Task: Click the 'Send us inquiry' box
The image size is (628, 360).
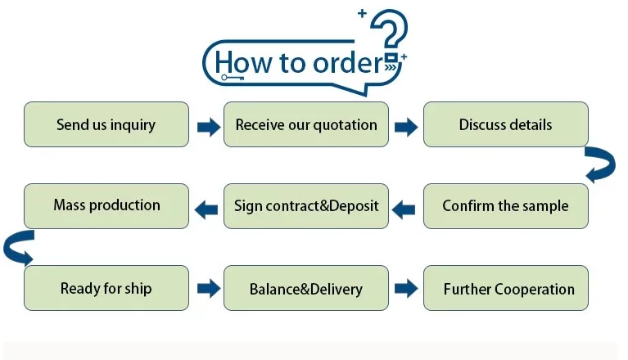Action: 106,124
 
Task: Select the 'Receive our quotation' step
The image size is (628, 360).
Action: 306,124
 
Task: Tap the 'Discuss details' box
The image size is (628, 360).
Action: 505,124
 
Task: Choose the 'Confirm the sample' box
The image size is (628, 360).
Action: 505,205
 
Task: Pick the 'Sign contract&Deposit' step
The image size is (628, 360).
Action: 306,205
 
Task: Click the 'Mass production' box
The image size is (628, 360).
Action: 106,205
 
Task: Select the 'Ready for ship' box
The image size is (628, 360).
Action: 106,288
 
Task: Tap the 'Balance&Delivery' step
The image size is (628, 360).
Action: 306,288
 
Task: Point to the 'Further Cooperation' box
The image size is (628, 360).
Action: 505,288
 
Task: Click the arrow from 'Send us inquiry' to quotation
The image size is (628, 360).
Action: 208,127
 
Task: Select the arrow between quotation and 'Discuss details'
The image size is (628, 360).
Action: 406,127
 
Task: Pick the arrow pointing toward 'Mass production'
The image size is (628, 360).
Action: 206,209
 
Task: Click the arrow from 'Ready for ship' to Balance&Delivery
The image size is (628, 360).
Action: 208,288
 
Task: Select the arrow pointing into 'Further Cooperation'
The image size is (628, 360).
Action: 406,288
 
